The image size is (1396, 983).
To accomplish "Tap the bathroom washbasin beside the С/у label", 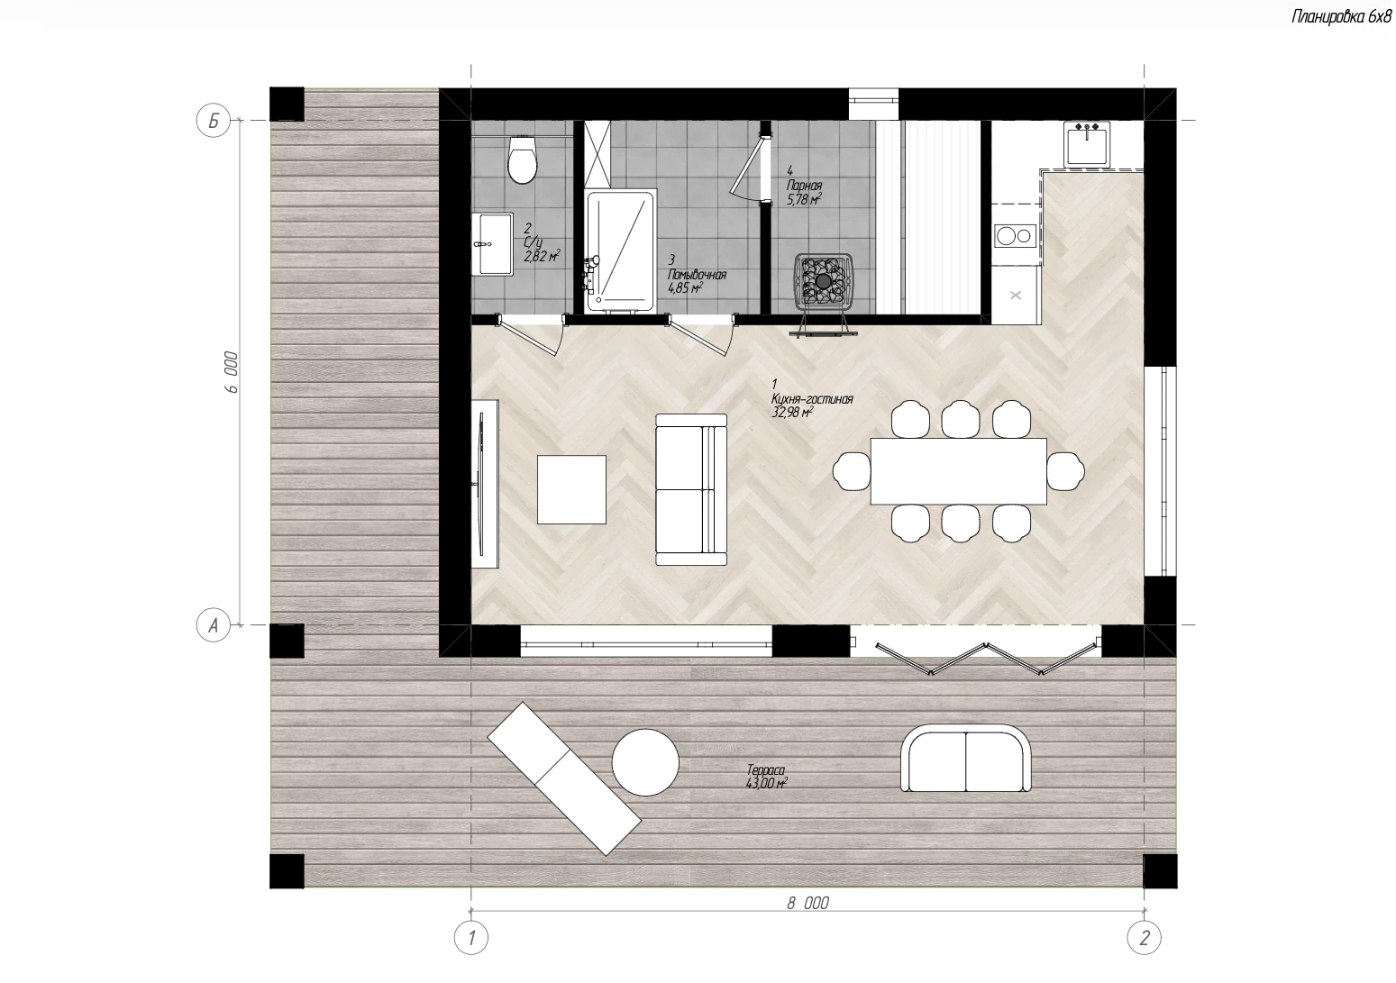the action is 492,244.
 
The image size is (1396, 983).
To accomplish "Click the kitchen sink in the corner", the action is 1087,144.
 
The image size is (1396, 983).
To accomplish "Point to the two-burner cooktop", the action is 1015,236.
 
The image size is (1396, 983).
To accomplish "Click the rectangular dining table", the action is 959,471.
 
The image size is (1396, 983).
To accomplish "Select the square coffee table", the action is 571,489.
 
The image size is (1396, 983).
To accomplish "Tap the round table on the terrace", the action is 645,762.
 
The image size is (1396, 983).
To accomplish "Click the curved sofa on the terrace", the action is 965,758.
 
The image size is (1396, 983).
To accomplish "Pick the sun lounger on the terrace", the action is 563,778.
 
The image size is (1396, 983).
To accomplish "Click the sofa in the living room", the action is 691,489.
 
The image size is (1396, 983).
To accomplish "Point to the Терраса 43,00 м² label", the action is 766,778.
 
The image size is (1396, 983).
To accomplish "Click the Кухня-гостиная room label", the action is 811,398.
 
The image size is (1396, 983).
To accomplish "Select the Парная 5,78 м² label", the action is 804,192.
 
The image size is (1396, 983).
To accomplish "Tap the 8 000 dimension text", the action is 807,904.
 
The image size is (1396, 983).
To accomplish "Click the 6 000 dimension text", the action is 232,372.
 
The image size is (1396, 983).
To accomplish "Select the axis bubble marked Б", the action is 213,120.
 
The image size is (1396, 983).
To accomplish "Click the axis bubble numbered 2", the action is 1145,938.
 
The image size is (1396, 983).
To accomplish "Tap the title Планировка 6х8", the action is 1340,17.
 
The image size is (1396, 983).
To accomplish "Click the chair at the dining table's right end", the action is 1065,471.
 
